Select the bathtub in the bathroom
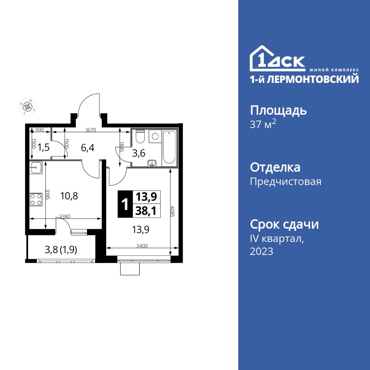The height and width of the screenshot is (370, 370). [169, 147]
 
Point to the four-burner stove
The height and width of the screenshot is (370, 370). [36, 199]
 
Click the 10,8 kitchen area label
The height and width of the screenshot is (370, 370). [69, 196]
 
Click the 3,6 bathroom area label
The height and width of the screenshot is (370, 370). [139, 154]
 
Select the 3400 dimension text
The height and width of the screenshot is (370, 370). [142, 246]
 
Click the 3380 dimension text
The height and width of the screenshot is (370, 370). [65, 217]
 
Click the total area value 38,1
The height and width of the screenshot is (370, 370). [145, 210]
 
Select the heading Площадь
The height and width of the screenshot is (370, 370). [279, 111]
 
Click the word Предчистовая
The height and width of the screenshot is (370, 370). [286, 182]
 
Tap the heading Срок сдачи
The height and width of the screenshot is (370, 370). [284, 224]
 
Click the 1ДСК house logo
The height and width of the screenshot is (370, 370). [277, 59]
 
